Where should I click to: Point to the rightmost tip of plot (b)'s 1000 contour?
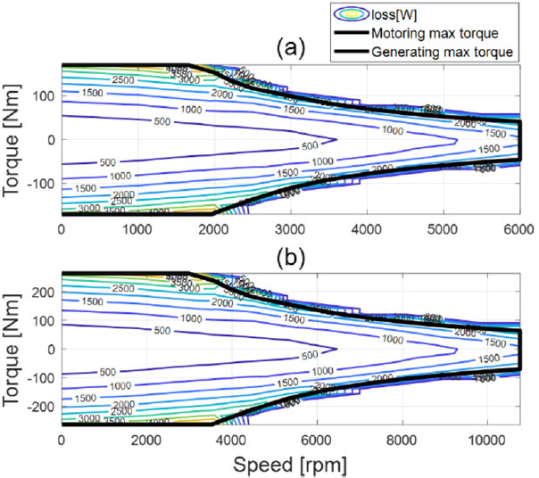(458, 349)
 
